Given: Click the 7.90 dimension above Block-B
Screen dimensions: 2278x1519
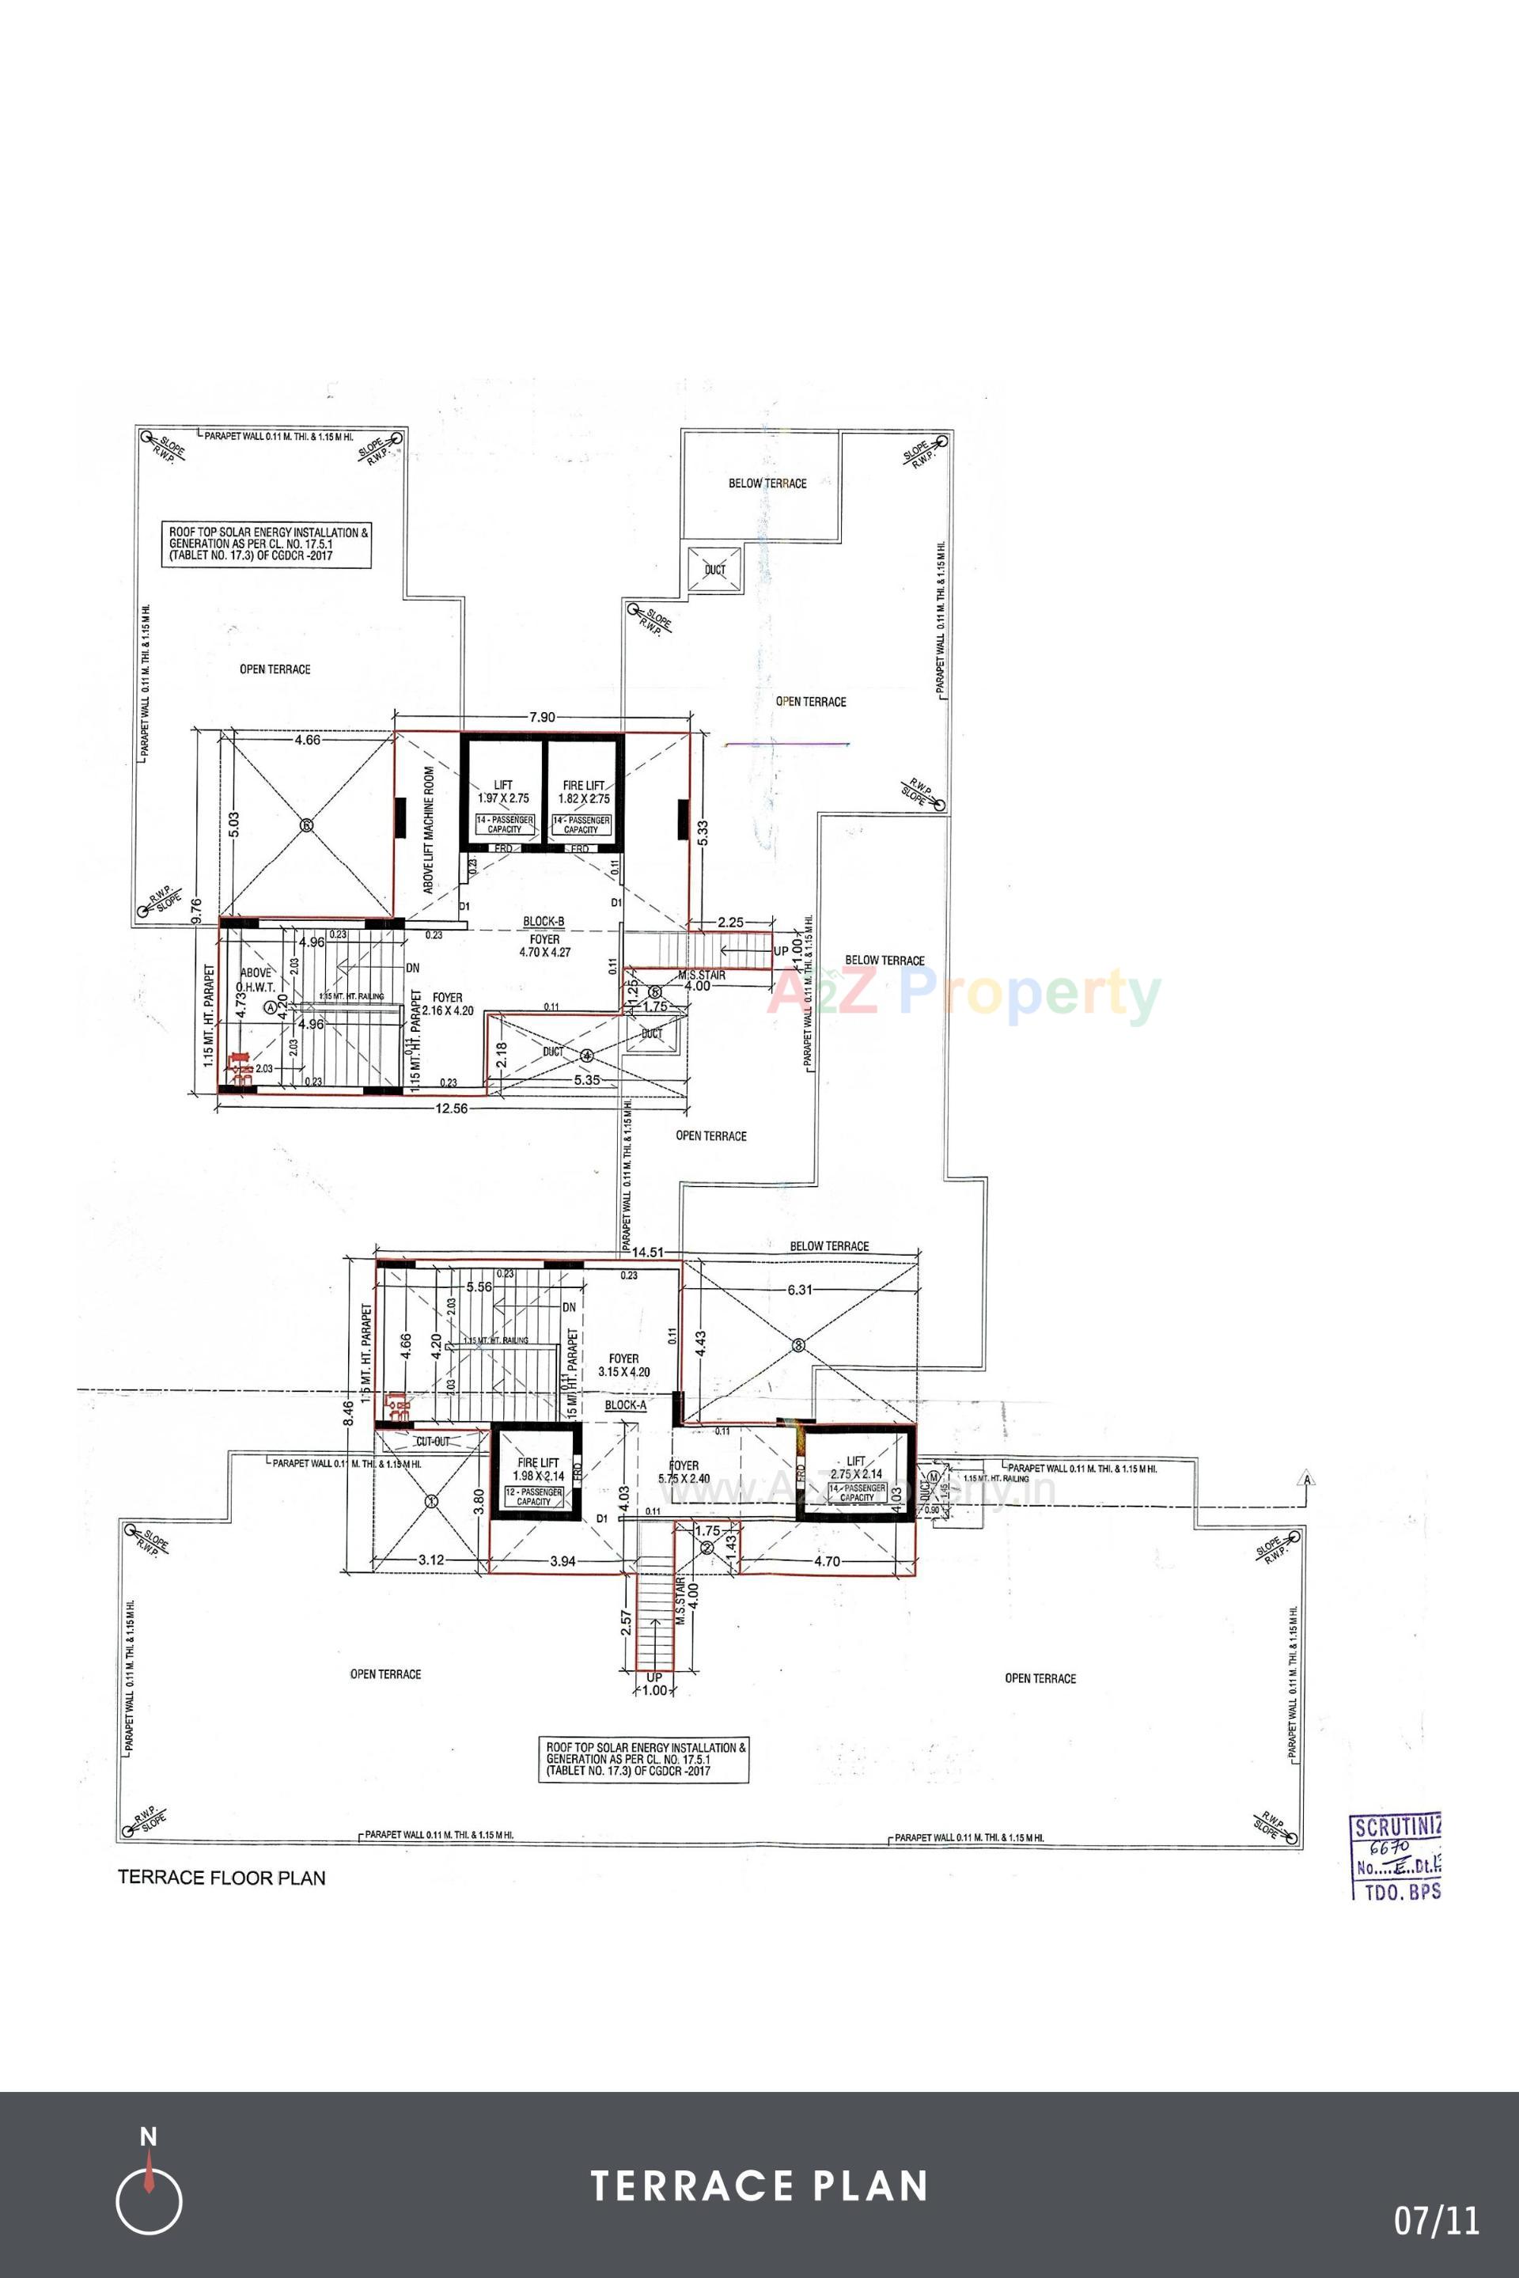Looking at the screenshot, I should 541,717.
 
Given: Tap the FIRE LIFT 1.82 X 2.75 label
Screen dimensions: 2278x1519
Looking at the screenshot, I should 583,791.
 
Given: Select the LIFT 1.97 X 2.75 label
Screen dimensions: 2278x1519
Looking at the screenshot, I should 503,791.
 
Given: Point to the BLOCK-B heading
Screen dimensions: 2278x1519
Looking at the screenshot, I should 544,922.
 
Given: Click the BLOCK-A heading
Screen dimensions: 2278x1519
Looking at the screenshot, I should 625,1404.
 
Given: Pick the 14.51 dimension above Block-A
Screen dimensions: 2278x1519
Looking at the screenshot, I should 648,1252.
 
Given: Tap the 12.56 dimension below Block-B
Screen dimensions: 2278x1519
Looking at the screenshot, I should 452,1109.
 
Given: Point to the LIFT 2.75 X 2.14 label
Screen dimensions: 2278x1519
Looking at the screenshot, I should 855,1467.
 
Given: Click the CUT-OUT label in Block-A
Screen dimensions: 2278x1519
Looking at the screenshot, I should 432,1441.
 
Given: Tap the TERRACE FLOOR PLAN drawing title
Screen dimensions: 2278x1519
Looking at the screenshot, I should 222,1877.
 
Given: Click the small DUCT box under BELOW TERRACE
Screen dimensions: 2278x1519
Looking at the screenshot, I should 715,570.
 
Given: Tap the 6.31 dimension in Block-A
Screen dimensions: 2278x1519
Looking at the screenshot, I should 800,1290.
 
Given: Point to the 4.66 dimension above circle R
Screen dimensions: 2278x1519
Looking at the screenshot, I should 307,741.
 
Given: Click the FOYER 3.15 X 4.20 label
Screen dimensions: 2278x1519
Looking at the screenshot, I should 624,1365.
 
